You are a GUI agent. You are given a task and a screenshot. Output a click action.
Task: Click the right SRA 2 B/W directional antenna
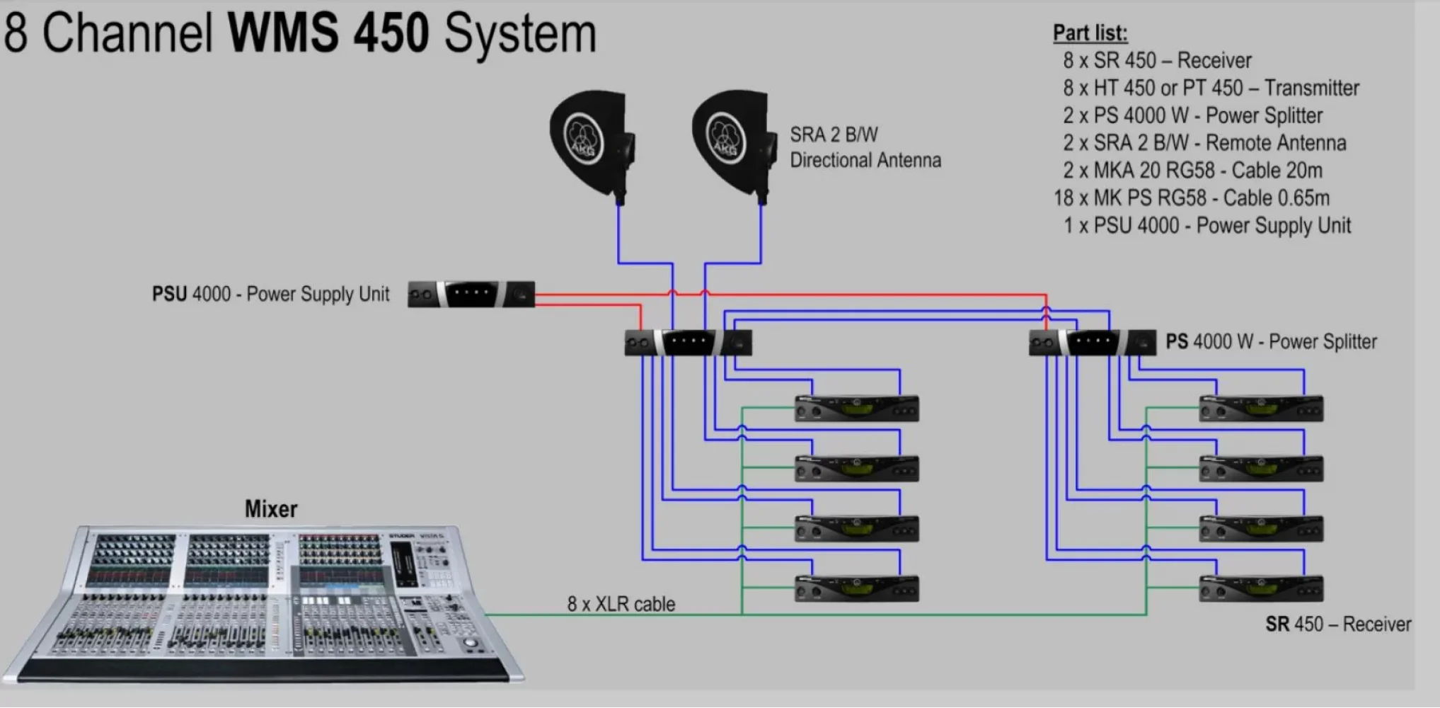pos(731,142)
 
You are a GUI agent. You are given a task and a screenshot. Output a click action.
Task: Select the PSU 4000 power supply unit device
pos(471,294)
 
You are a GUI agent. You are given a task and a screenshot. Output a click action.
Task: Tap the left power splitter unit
pos(688,343)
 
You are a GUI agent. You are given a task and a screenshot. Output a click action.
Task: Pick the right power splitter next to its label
pos(1092,343)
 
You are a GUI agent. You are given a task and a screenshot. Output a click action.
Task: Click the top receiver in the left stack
pos(856,409)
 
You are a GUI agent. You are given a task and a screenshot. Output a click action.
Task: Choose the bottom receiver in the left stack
pos(856,589)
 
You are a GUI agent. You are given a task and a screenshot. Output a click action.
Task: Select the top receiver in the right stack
pos(1260,409)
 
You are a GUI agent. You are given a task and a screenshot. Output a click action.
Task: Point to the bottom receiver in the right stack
pos(1260,589)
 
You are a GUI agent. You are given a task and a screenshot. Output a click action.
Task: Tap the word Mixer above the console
pos(271,509)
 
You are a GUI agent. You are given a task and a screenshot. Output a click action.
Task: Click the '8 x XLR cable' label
pos(621,604)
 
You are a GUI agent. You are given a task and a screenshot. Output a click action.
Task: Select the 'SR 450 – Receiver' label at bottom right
pos(1337,624)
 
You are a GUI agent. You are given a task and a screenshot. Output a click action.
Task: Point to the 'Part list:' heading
pos(1090,33)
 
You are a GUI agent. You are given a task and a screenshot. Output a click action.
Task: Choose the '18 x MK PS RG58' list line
pos(1192,198)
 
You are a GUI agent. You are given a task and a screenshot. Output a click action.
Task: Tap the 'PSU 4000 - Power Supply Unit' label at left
pos(270,294)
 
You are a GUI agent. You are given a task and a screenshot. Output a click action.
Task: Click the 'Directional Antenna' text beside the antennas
pos(865,161)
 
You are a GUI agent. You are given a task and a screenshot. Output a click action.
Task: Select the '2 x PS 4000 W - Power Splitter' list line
pos(1192,115)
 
